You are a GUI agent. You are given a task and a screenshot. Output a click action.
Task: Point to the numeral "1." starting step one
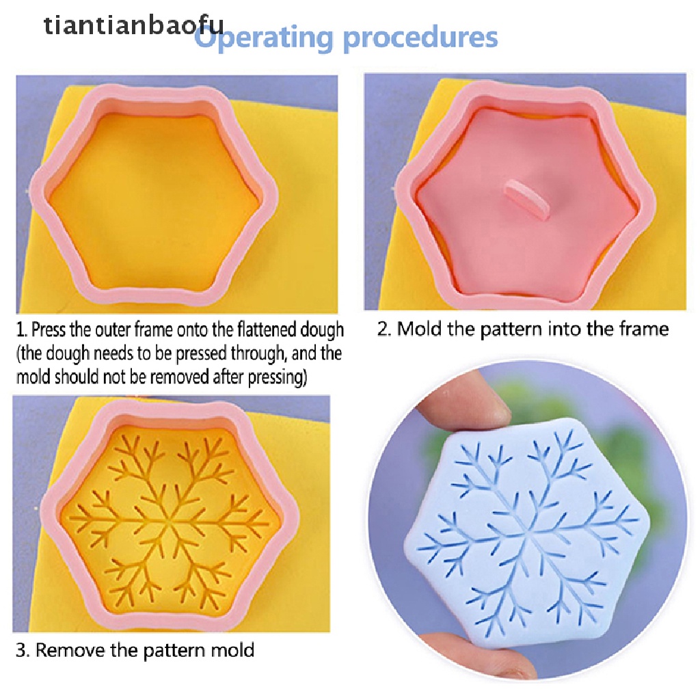tap(23, 331)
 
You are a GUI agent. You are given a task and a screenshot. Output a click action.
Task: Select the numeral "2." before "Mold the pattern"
tap(385, 329)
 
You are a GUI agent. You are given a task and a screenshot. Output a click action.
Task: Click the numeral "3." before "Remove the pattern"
tap(23, 649)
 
